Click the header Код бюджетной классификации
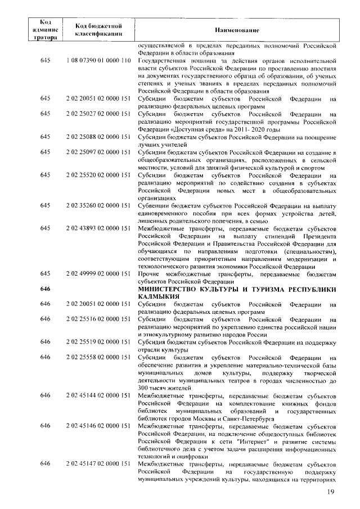tap(98, 29)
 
